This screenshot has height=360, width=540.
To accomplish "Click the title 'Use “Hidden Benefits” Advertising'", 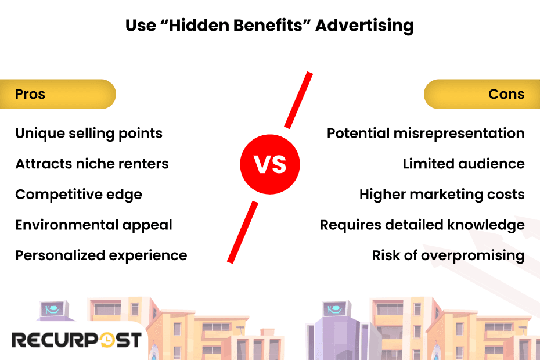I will coord(269,26).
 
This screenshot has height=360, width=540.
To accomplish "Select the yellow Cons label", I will coord(482,94).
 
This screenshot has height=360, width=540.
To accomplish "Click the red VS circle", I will coord(270,164).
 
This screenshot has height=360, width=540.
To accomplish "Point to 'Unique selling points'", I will coord(89,134).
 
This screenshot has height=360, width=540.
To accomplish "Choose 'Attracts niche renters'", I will coord(92,164).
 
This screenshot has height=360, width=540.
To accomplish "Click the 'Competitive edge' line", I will coord(78,195).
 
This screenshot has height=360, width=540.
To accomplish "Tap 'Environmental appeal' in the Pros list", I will coord(93,225).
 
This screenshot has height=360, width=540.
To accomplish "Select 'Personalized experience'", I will coord(101,255).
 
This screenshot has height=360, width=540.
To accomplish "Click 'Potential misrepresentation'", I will coord(426,134).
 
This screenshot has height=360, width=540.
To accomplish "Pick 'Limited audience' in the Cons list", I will coord(463,164).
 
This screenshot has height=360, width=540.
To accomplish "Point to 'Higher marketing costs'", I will coord(442,195).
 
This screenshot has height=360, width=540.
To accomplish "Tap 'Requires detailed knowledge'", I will coord(422,225).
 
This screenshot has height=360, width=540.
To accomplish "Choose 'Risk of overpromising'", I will coord(448,255).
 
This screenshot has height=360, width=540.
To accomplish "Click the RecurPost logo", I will coord(76,340).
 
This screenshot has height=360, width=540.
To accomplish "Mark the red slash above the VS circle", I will coord(298,100).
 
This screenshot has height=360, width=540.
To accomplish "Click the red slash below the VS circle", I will coord(243,231).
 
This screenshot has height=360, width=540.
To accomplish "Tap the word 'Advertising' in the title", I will coord(364,26).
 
